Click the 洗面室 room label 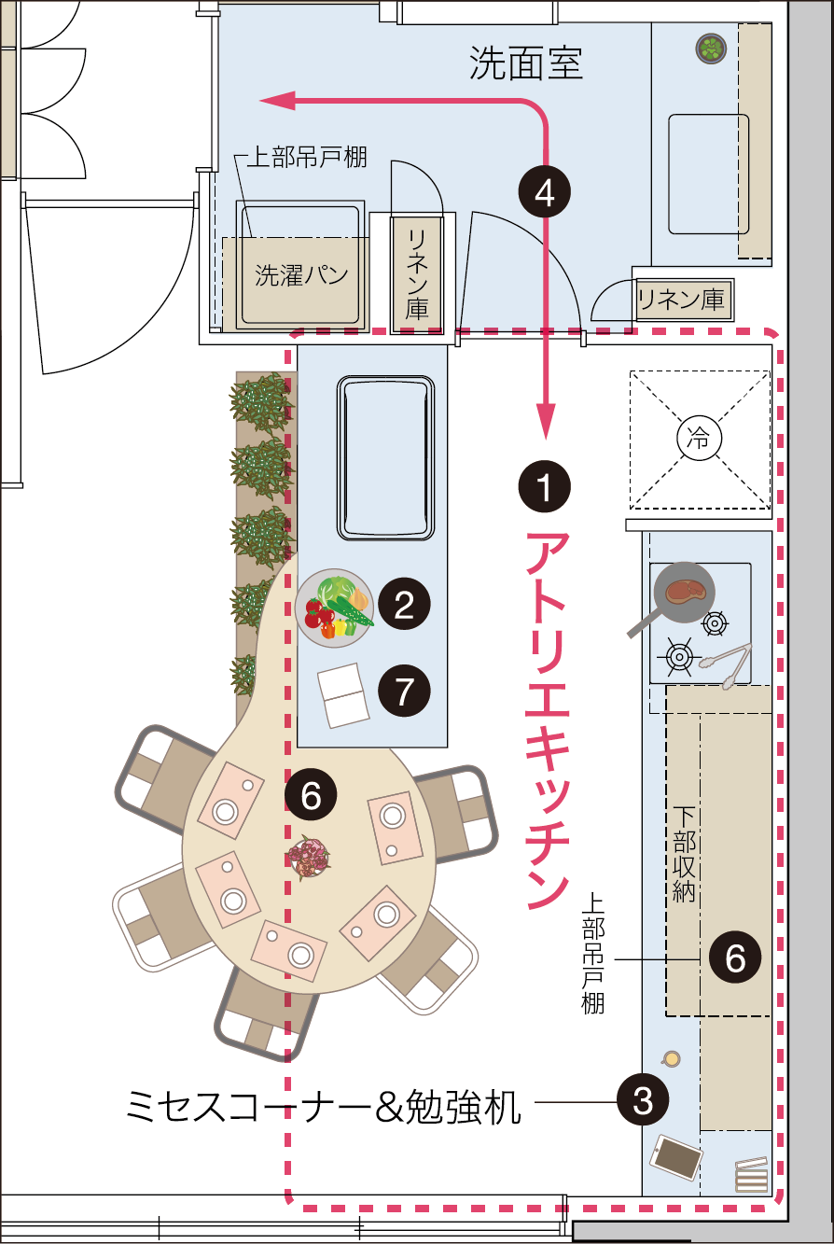pos(526,63)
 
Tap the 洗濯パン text pos(301,275)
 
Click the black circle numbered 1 pos(544,485)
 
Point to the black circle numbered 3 pos(643,1102)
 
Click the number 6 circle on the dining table pos(312,796)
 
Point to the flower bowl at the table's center pos(308,856)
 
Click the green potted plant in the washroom pos(711,49)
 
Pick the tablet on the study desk pos(677,1157)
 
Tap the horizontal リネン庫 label pos(680,299)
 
